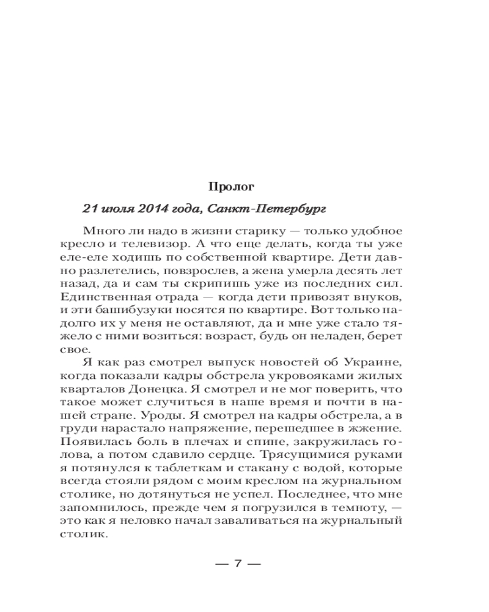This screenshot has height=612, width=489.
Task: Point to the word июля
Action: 117,208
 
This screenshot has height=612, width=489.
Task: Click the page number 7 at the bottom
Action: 240,564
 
